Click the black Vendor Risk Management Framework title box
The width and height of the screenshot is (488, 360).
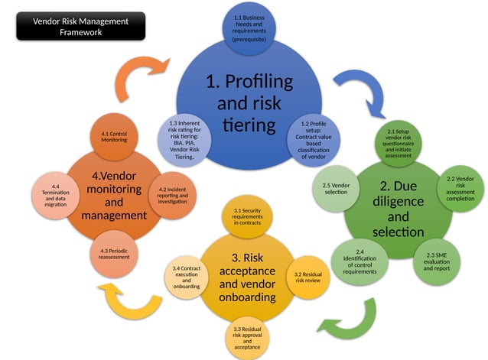[x=82, y=27]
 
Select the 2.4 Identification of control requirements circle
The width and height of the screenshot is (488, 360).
[x=359, y=262]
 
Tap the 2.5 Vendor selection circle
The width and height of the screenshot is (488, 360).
[x=336, y=188]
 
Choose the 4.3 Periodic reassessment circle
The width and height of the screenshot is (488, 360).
[x=114, y=252]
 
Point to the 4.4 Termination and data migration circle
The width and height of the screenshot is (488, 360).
[x=55, y=194]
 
